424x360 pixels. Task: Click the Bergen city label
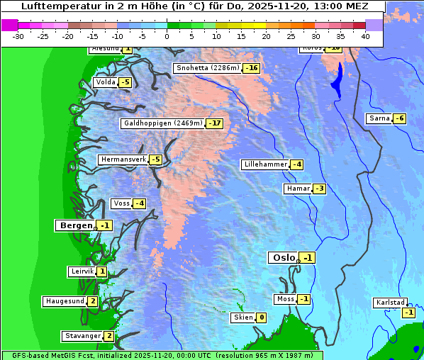pos(74,225)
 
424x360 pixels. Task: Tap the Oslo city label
pos(282,258)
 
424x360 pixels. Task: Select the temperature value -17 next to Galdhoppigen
pos(215,123)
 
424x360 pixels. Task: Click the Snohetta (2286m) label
pos(206,68)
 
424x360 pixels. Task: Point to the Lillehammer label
pos(265,164)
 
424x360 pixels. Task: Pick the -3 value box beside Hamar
pos(319,189)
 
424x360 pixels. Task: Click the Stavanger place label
pos(82,336)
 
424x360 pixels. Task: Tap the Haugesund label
pos(65,301)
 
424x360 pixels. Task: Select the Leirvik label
pos(82,271)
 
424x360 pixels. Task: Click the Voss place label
pos(121,203)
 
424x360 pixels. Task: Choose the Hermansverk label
pos(123,159)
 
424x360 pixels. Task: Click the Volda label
pos(105,82)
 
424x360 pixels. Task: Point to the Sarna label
pos(379,118)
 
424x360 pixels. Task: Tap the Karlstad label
pos(390,303)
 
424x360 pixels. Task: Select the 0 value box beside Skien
pos(261,317)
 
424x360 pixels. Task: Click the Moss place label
pos(285,299)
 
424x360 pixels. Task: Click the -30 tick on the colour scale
pos(18,36)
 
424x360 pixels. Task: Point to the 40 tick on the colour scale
pos(365,36)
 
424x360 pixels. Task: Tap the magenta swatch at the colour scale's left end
pos(9,25)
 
